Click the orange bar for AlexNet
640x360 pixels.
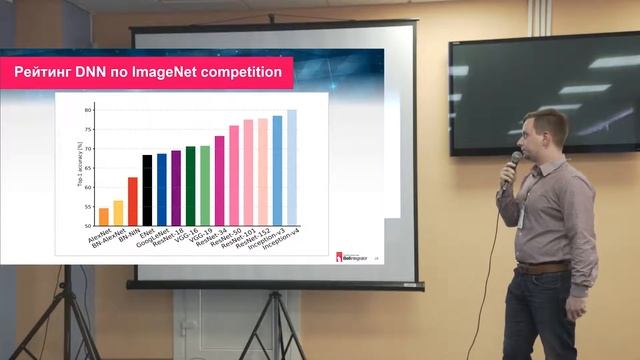pos(103,217)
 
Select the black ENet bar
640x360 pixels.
pos(147,190)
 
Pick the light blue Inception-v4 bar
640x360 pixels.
pos(292,167)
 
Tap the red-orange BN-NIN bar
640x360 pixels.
pos(132,201)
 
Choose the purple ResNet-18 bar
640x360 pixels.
pos(176,187)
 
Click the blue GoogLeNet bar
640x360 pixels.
pos(161,189)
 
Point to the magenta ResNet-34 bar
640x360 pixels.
pos(219,180)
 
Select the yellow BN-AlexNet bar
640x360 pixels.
pos(118,213)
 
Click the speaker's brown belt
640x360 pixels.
pos(544,268)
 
